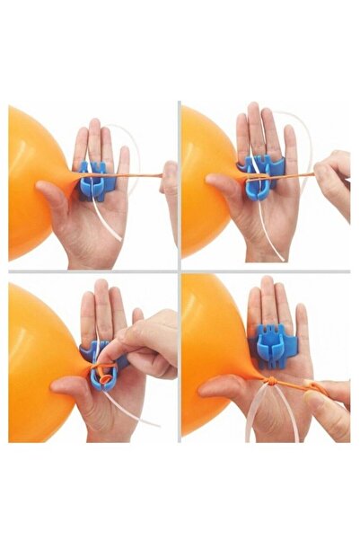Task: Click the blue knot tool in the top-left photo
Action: (93, 180)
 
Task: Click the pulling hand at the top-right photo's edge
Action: (336, 180)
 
